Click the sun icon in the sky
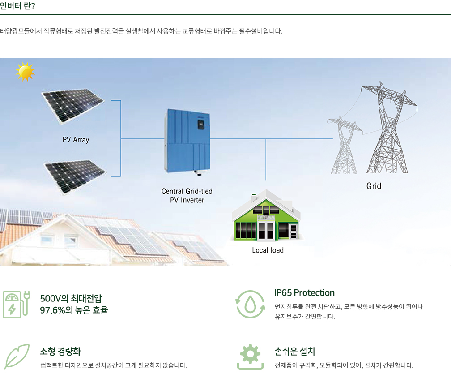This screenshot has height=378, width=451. (x=26, y=72)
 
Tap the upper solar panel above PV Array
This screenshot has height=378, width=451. (x=73, y=106)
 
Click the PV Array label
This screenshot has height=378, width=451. (x=76, y=140)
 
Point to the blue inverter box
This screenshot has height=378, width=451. (x=187, y=141)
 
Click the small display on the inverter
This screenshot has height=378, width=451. (x=201, y=124)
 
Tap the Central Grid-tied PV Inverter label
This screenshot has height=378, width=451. (x=187, y=196)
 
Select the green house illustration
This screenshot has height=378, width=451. (x=266, y=215)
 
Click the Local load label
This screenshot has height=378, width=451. (x=268, y=250)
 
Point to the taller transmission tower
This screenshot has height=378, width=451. (x=388, y=128)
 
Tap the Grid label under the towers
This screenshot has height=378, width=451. (x=374, y=186)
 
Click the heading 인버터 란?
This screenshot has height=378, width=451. (x=17, y=6)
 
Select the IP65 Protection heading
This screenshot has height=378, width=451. (x=304, y=293)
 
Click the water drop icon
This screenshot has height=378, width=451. (x=250, y=304)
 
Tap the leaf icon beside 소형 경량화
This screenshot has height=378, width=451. (x=17, y=357)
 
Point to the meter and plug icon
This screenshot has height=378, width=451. (x=17, y=304)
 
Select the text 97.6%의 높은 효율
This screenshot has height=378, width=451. (x=74, y=310)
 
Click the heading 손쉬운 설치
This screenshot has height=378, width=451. (x=294, y=351)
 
